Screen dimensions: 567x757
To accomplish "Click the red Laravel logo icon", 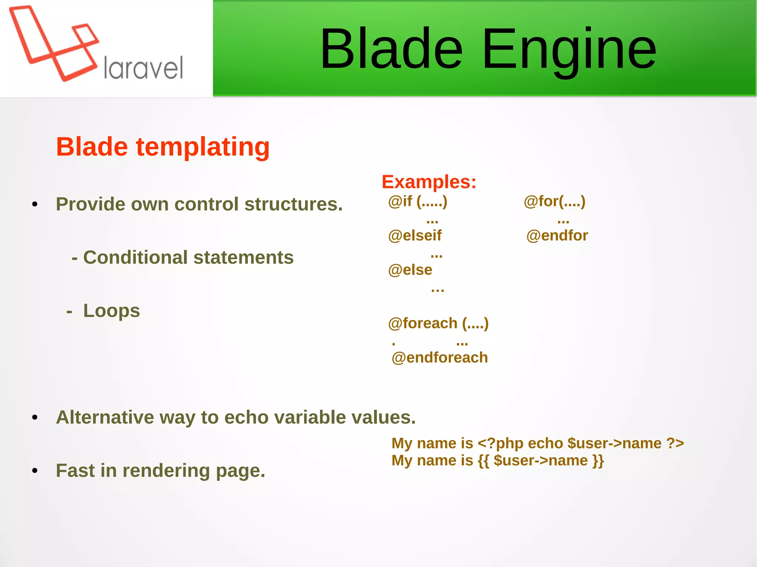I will [54, 42].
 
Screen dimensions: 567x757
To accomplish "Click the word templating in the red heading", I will [203, 147].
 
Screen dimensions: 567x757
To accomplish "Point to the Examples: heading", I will [429, 182].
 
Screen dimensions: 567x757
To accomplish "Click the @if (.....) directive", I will [418, 202].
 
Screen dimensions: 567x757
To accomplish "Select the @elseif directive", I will [415, 236].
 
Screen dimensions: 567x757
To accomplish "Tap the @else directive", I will [410, 270].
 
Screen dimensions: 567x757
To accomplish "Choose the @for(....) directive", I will [554, 202].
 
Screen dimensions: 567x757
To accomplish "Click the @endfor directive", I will [557, 236].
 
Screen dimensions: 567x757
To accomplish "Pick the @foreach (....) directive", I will [438, 324].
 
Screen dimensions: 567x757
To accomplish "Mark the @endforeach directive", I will [439, 358].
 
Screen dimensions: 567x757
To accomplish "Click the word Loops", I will [111, 311].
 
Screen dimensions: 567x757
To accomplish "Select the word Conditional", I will [135, 257].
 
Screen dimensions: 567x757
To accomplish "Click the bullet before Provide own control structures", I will [35, 204].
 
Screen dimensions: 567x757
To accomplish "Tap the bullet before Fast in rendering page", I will [35, 471].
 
